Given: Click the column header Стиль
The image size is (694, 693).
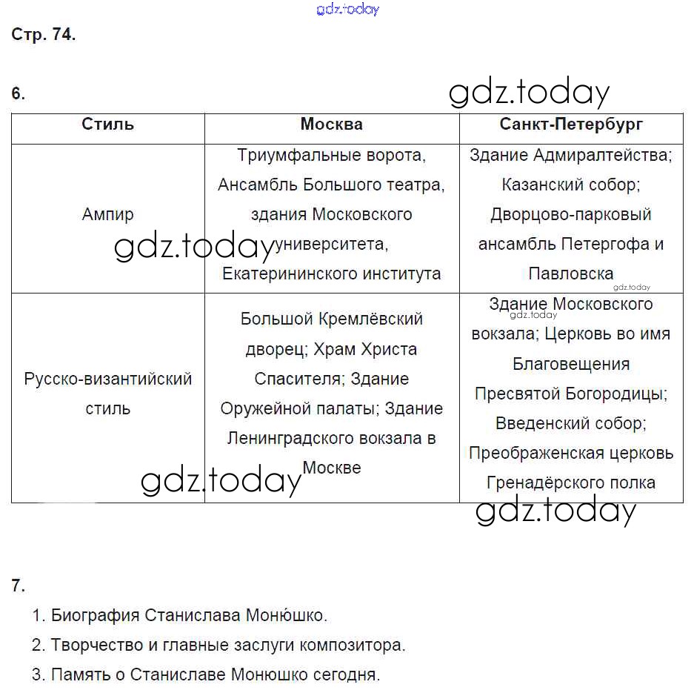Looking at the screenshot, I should point(107,125).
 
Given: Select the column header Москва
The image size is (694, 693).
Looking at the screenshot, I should point(331,125).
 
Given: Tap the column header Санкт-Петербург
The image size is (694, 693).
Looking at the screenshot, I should point(571,125).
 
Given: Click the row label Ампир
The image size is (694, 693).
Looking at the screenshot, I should point(107,215).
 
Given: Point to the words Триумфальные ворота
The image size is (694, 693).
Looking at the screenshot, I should point(331,156).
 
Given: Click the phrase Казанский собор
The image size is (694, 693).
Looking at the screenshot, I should point(570,185).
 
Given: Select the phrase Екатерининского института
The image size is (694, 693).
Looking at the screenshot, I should point(331,274).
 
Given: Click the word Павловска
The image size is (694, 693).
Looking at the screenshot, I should point(570,274).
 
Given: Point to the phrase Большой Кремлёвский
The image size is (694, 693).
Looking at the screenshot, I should point(331,319).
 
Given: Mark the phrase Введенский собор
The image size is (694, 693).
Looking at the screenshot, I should point(570,424).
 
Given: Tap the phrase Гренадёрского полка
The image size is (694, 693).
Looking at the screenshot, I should point(570,483).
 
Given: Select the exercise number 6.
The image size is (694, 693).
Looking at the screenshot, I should point(18,94).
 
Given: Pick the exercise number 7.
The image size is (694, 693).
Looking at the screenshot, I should point(18,586).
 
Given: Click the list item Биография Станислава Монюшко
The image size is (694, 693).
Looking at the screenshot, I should point(189,616).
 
